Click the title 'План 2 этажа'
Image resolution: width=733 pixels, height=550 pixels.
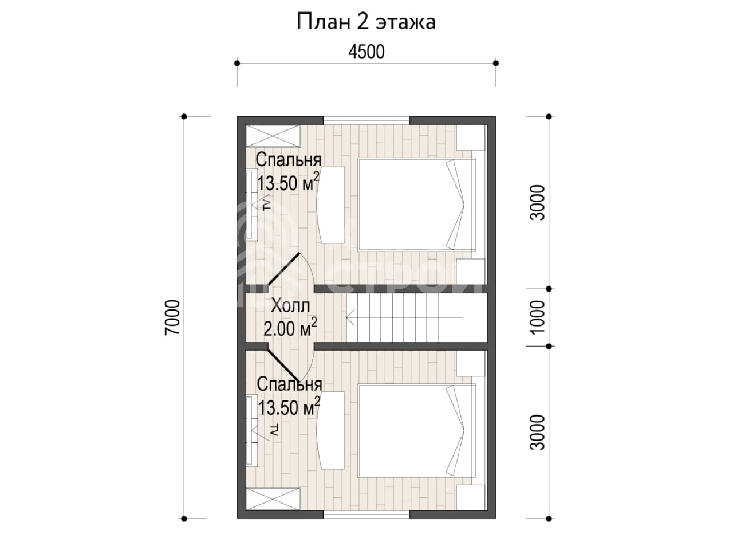coord(366,22)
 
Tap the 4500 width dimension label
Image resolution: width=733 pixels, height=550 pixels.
coord(366,52)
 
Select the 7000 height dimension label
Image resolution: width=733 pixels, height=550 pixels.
coord(172,317)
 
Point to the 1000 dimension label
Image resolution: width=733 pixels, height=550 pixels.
coord(537,317)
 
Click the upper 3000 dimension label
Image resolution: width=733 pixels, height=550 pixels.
coord(537,203)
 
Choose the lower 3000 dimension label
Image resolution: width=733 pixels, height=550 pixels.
coord(537,432)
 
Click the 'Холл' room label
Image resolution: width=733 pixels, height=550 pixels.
coord(290,305)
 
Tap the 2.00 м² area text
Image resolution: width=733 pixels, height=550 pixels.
coord(290,328)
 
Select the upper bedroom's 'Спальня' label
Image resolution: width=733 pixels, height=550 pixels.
coord(289,160)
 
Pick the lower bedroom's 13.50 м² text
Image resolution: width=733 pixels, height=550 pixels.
coord(289,407)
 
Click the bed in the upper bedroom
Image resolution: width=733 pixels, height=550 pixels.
coord(417,205)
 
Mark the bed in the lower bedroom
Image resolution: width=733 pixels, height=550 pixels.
coord(417,430)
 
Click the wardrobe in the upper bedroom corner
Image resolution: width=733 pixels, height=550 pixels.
coord(273,136)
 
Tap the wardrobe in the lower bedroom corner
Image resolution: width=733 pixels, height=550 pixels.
coord(273,499)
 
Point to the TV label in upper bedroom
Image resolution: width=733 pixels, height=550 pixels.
coord(266,205)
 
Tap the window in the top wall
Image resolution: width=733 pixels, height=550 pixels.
coord(366,120)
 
